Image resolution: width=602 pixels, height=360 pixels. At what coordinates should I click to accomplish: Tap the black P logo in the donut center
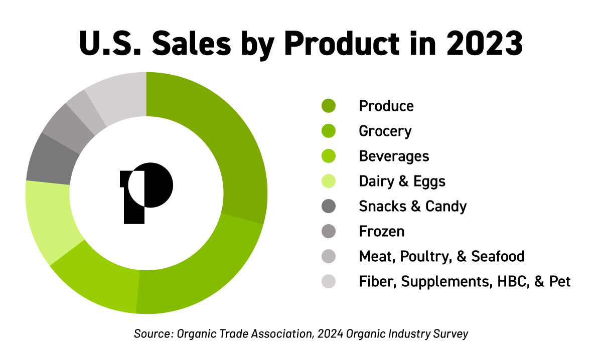(146, 193)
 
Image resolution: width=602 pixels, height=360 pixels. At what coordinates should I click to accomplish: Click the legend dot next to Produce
(329, 106)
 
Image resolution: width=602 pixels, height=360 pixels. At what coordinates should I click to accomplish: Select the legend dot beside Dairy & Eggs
(329, 181)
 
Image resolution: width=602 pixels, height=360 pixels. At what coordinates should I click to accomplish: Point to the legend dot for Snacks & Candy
(329, 206)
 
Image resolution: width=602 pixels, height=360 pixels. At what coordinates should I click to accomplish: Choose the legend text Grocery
(385, 131)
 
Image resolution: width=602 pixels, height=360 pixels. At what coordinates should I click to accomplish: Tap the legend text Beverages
(394, 156)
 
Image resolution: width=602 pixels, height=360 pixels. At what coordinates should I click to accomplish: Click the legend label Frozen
(382, 231)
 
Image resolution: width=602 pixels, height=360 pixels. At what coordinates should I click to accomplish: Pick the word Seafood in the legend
(498, 256)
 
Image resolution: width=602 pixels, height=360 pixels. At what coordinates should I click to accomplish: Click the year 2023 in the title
(485, 44)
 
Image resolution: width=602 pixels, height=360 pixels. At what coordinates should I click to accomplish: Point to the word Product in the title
(342, 43)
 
